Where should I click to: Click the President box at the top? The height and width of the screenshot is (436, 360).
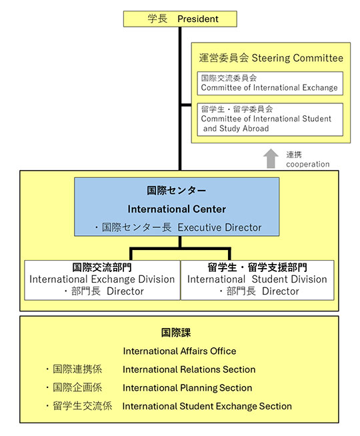(x=180, y=19)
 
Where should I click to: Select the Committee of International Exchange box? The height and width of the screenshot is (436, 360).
(x=270, y=83)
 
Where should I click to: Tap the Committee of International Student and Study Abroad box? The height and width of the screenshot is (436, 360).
(x=270, y=119)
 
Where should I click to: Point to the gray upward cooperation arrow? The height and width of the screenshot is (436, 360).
(x=271, y=159)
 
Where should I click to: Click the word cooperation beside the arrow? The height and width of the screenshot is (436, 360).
(x=308, y=165)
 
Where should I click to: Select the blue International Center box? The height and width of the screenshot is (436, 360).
(x=177, y=207)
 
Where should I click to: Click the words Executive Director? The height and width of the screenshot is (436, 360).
(x=219, y=227)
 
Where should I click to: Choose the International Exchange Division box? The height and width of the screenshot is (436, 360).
(x=102, y=280)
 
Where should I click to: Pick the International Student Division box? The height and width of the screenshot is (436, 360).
(x=257, y=280)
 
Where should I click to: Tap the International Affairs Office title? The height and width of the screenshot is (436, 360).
(x=179, y=351)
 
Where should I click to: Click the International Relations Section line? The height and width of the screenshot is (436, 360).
(x=189, y=369)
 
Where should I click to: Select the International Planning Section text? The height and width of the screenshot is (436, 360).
(x=187, y=388)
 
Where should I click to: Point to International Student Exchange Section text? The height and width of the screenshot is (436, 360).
(x=207, y=406)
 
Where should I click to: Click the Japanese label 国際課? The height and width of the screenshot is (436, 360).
(x=176, y=333)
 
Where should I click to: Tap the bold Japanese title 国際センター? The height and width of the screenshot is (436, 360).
(x=177, y=191)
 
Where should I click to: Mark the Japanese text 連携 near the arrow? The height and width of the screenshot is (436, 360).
(x=294, y=155)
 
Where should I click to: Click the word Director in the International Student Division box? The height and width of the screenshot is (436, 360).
(x=280, y=291)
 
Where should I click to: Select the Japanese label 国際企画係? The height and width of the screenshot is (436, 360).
(x=77, y=387)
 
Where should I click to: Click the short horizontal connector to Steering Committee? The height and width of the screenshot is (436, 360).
(x=186, y=105)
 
